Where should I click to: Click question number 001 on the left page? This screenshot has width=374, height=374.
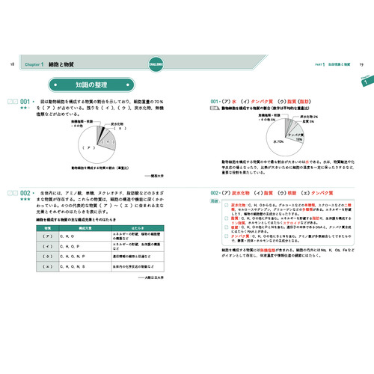click(25, 101)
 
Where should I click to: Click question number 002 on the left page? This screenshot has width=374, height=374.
click(25, 193)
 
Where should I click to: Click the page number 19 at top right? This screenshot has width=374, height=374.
click(361, 66)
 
